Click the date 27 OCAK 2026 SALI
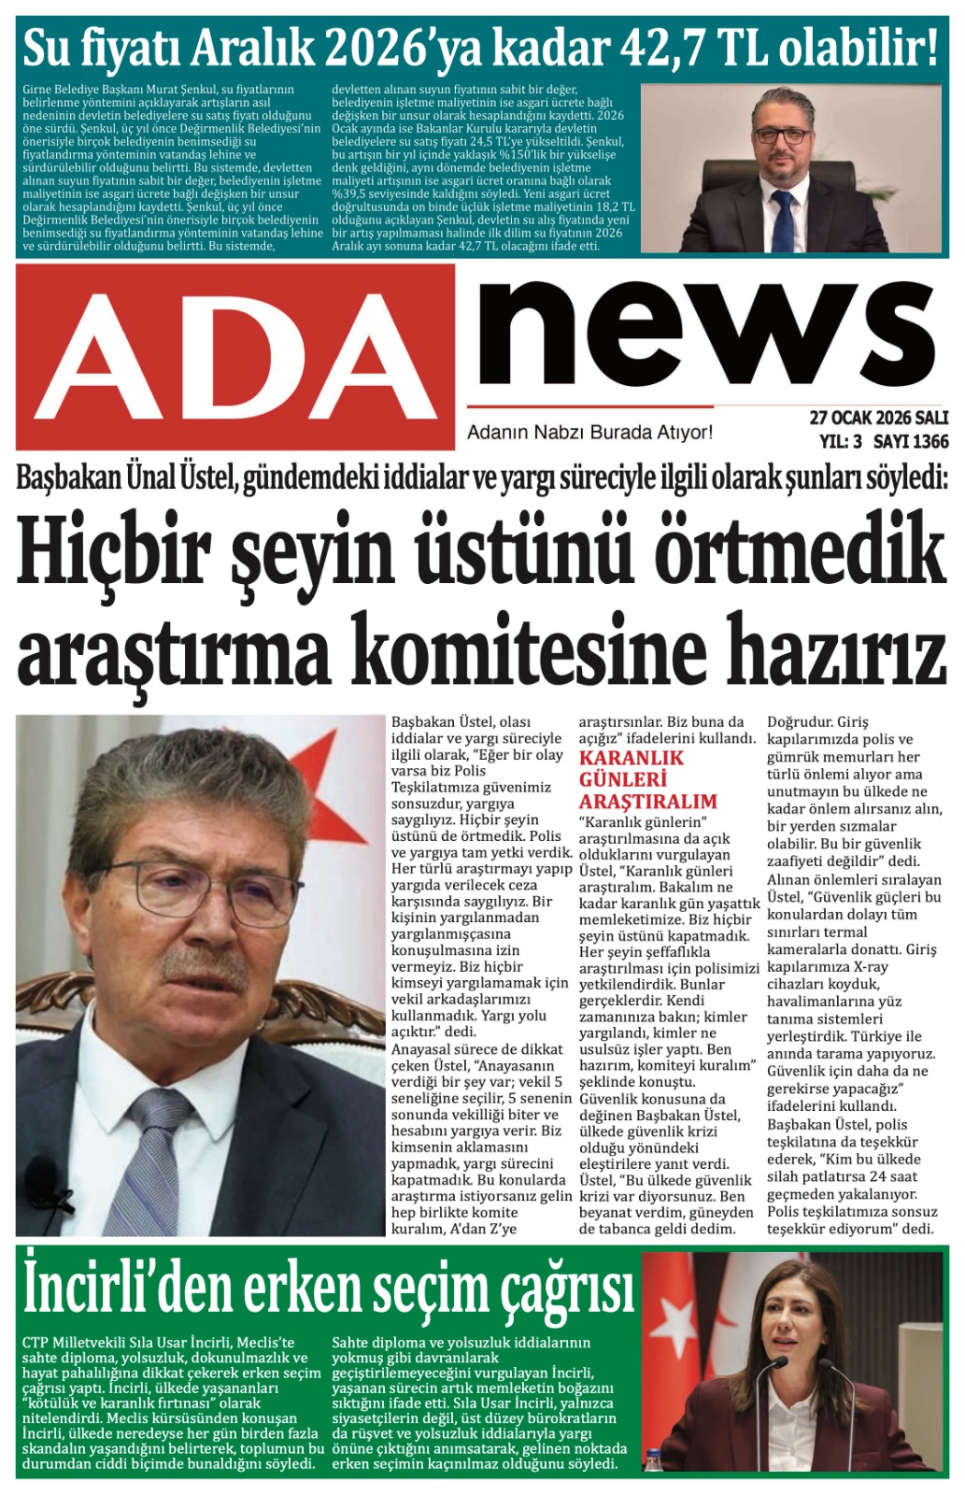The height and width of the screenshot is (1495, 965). [878, 418]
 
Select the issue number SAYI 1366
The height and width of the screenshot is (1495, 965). [911, 441]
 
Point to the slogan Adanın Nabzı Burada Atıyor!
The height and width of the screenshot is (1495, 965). [589, 433]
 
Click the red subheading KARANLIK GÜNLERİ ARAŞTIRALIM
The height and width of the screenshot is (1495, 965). [647, 779]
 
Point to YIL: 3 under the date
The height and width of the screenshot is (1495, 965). [840, 441]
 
